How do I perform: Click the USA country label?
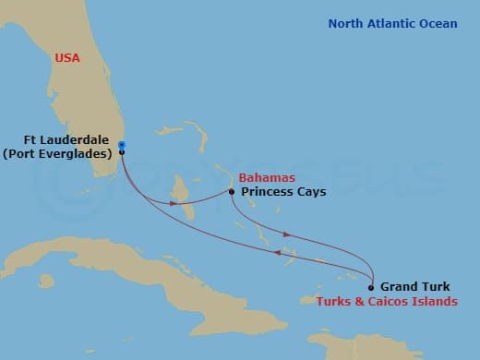67,58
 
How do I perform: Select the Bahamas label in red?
266,177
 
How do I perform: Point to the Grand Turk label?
415,286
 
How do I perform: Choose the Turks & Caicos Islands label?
386,302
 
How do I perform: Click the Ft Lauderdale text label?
69,140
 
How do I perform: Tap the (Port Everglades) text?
57,154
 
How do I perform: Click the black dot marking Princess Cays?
232,193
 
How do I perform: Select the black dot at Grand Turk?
371,287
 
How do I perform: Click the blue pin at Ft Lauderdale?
122,145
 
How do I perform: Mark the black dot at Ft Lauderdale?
122,153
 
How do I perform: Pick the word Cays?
309,192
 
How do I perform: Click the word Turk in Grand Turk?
435,286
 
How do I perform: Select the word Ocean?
437,24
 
